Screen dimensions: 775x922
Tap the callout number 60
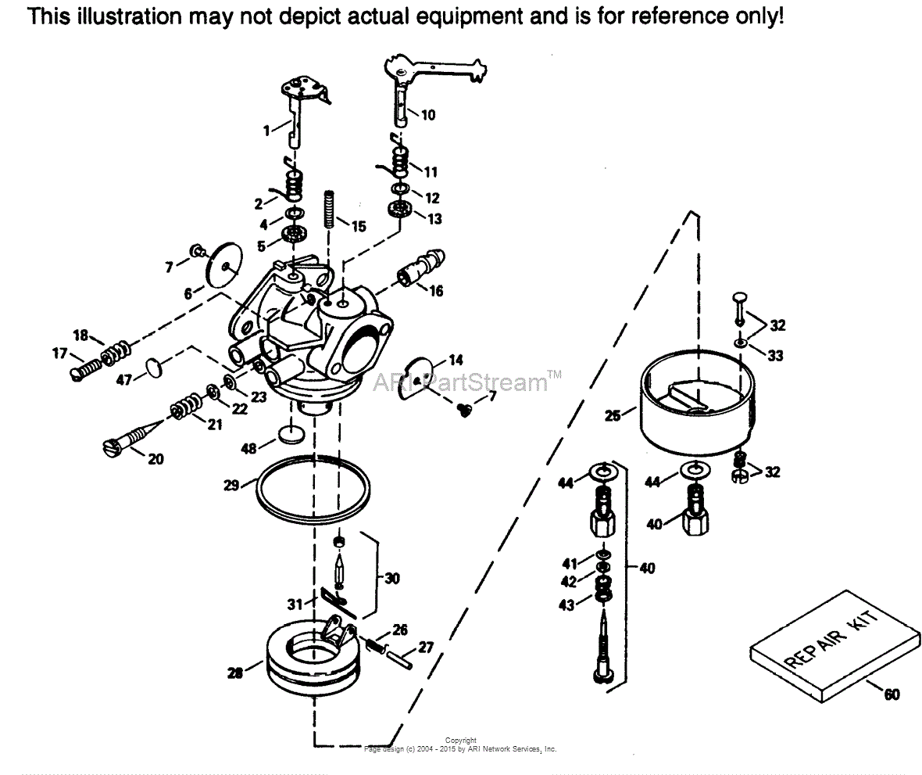[x=892, y=693]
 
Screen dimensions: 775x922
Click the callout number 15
[x=359, y=227]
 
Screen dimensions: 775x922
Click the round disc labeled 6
[x=224, y=266]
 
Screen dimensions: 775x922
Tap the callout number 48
[x=249, y=449]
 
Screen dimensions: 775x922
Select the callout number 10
[x=428, y=115]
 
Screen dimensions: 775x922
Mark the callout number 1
[x=266, y=131]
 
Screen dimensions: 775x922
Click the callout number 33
[x=775, y=356]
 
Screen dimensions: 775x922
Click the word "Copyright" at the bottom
[x=460, y=740]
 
